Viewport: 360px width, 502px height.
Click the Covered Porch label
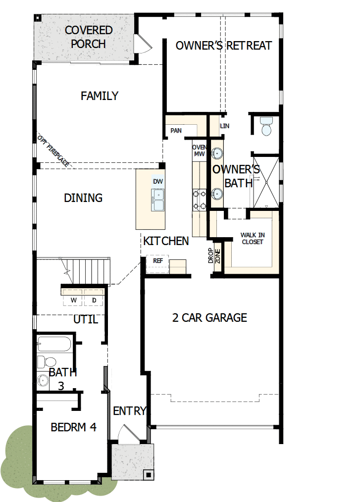[89, 37]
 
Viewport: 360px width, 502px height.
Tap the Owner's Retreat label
[224, 46]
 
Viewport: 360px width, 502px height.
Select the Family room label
[100, 96]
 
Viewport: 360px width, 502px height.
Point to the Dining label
[83, 198]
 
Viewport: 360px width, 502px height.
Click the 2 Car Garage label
[209, 318]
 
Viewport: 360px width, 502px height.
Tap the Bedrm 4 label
[73, 427]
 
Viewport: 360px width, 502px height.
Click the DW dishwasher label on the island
[158, 182]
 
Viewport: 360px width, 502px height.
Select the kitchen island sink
[158, 201]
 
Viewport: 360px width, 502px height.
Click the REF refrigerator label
[158, 260]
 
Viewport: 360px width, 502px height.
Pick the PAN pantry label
[176, 131]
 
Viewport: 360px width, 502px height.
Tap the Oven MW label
[199, 151]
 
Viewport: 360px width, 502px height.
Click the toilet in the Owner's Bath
[266, 126]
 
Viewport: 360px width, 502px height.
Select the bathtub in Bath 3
[54, 344]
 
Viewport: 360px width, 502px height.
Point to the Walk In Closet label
[252, 239]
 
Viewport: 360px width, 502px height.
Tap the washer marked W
[73, 300]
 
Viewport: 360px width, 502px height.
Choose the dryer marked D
[94, 300]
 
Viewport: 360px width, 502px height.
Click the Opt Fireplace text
[53, 151]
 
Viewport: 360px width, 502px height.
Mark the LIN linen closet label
[225, 126]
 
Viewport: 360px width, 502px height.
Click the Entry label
[130, 411]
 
